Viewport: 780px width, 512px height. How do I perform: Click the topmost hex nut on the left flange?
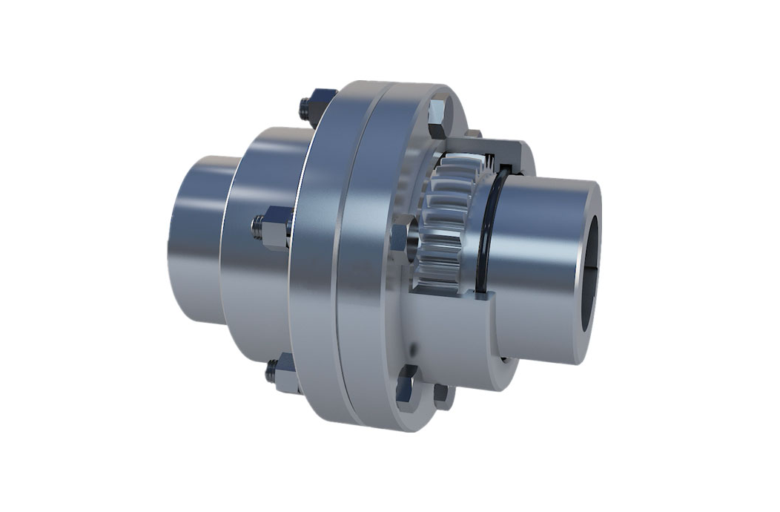(320, 102)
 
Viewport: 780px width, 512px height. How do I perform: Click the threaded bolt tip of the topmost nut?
(304, 109)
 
